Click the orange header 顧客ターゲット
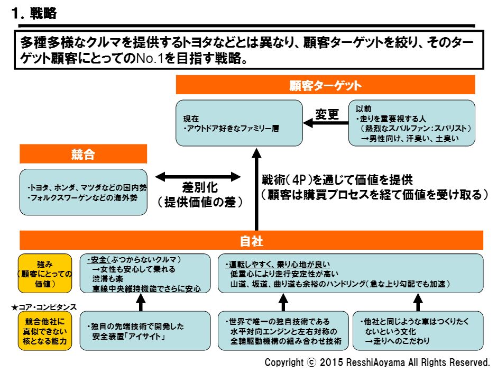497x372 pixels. [325, 85]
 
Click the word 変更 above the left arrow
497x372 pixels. [327, 114]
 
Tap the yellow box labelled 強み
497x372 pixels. [44, 273]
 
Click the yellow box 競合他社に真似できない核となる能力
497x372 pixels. [44, 330]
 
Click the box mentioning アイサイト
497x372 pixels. [141, 330]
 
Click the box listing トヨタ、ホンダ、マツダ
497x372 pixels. [83, 192]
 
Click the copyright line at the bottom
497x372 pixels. [377, 363]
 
